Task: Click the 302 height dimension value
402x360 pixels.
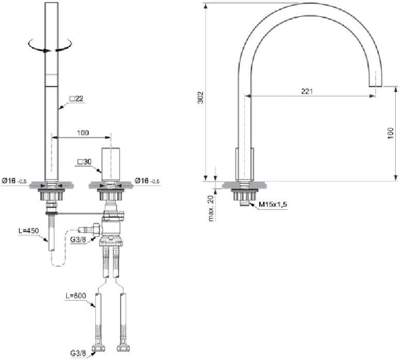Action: [201, 97]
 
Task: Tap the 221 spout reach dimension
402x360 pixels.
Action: [307, 91]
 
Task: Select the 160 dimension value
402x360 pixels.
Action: [390, 133]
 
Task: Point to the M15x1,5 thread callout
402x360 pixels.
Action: [273, 205]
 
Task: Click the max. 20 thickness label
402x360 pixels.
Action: [211, 208]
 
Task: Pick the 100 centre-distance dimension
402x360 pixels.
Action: [83, 133]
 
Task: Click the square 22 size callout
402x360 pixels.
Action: [77, 99]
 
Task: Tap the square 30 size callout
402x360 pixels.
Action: [85, 162]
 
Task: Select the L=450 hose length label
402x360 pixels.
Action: [28, 231]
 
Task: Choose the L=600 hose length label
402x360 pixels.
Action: [76, 296]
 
